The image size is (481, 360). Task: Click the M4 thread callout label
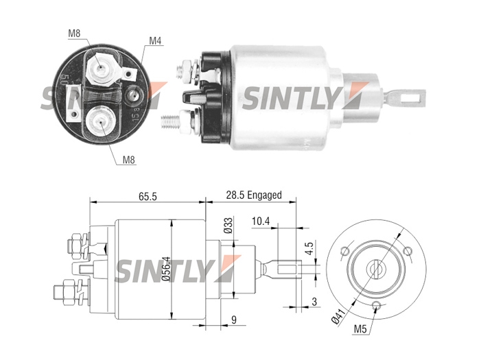click(x=155, y=40)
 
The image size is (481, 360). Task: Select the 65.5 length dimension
click(x=148, y=196)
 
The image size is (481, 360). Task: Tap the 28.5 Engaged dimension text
click(x=254, y=195)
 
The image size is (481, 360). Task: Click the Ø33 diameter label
click(x=228, y=226)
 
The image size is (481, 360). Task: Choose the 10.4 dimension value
click(x=261, y=221)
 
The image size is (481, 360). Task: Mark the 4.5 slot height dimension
click(x=309, y=248)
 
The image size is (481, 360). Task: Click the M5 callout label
click(x=360, y=329)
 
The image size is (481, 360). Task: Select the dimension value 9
click(x=234, y=320)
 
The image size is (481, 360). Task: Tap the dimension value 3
click(x=314, y=302)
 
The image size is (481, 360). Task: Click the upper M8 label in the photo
click(x=74, y=33)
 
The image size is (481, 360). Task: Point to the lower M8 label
click(x=129, y=160)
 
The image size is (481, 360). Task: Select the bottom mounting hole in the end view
click(x=376, y=305)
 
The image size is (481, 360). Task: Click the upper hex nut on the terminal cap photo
click(x=100, y=68)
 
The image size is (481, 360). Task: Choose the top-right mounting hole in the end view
click(x=408, y=251)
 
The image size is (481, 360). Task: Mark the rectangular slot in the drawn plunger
click(x=288, y=269)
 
